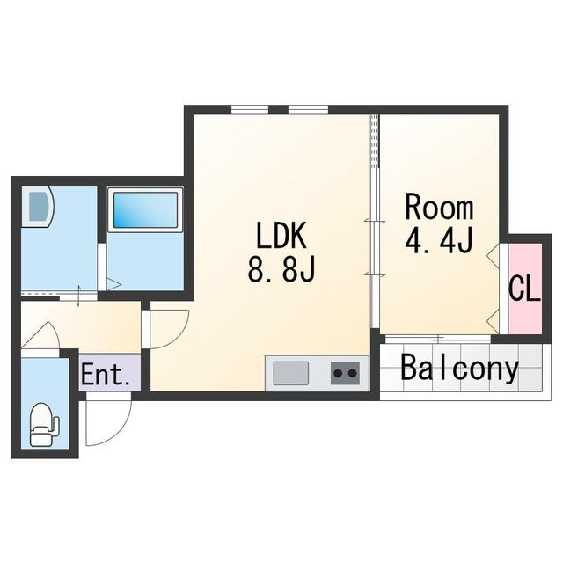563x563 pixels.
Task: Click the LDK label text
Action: click(x=281, y=236)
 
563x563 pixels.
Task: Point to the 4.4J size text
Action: click(x=438, y=240)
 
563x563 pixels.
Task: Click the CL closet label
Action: click(x=525, y=289)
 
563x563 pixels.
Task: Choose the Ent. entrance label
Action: click(x=106, y=375)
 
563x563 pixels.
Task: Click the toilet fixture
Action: click(x=44, y=424)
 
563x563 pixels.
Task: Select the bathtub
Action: click(x=145, y=210)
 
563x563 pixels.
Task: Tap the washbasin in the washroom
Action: click(x=38, y=207)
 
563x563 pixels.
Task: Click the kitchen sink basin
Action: click(x=291, y=373)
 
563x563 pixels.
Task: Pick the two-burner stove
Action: click(x=345, y=373)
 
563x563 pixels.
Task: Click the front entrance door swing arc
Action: click(x=109, y=420)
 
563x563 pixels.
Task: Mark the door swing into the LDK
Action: click(x=170, y=329)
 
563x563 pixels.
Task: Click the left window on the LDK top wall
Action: click(x=250, y=109)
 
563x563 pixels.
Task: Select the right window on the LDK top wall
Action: click(x=309, y=109)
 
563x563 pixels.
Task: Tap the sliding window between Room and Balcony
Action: click(x=438, y=339)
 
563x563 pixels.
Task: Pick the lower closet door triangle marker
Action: click(x=493, y=321)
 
